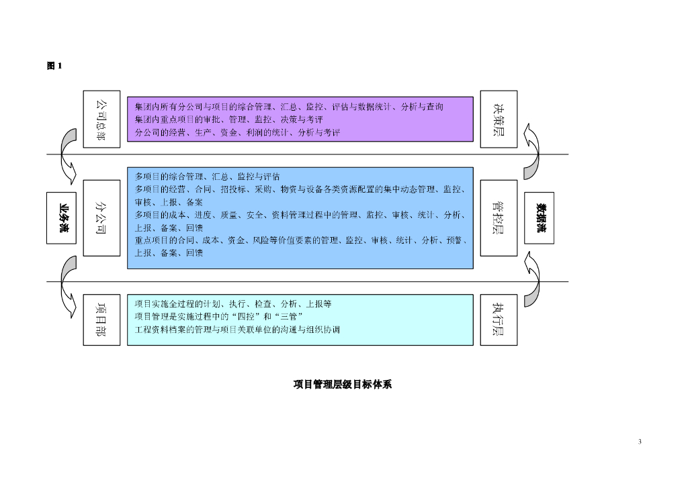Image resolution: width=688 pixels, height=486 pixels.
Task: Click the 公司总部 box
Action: [x=101, y=119]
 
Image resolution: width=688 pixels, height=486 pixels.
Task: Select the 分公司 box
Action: [x=101, y=217]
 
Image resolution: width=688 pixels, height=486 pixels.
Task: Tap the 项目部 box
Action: [x=101, y=320]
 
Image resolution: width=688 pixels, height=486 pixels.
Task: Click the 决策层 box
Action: [x=499, y=119]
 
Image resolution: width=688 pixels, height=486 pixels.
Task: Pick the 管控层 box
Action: [x=499, y=217]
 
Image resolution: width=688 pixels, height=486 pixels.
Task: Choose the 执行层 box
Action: [x=499, y=320]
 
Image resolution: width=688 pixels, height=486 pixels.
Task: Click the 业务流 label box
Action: [x=64, y=217]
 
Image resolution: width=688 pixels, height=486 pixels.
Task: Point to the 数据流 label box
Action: [x=540, y=217]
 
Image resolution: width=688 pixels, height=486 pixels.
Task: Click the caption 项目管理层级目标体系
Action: [x=343, y=385]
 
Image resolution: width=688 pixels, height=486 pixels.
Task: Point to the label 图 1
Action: [x=54, y=66]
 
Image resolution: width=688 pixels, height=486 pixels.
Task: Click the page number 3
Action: [x=640, y=441]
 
